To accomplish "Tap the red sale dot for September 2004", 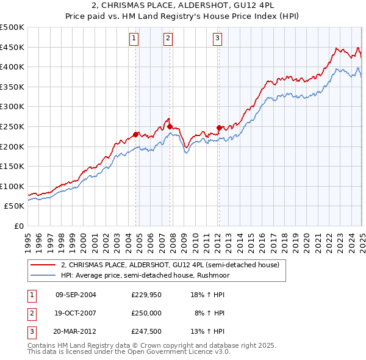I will pos(136,134).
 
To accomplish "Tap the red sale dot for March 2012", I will pos(219,128).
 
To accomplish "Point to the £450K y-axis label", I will pos(12,48).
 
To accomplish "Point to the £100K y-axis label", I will pos(12,187).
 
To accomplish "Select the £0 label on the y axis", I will pos(18,226).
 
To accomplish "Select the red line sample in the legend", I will pos(43,265).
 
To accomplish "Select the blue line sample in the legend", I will pos(43,275).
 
